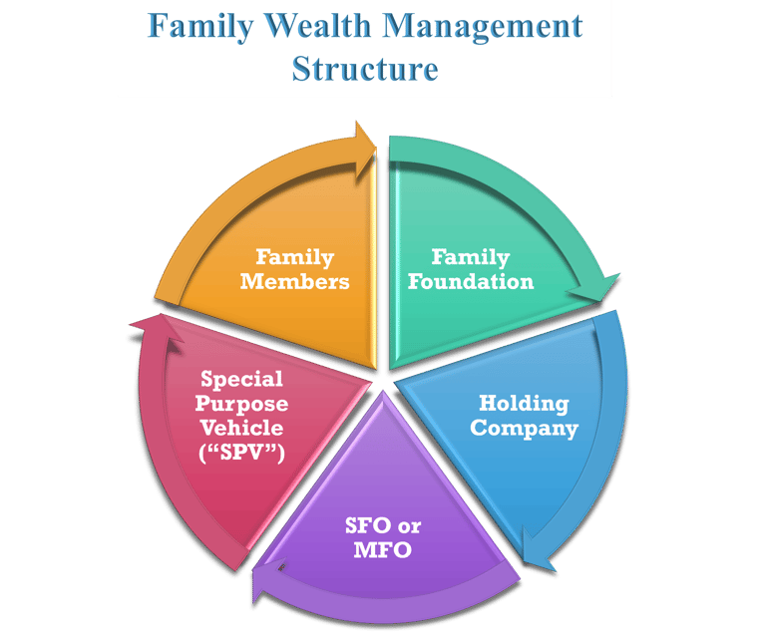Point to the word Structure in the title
(364, 70)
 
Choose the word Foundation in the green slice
(471, 281)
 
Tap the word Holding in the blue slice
(524, 404)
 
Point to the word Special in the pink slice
(241, 379)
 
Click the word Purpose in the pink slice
(241, 404)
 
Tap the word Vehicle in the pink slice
(241, 429)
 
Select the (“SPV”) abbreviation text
(241, 454)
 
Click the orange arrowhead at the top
(365, 140)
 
